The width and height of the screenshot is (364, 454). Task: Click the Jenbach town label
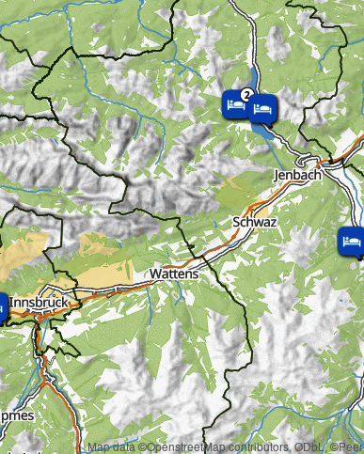point(296,175)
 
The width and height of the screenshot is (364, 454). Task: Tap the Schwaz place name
point(253,222)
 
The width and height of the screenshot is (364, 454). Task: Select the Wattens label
point(174,274)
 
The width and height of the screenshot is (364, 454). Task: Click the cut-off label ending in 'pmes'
point(15,415)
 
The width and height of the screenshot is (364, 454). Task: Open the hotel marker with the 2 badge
point(234,105)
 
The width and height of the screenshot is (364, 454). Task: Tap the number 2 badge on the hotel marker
point(245,95)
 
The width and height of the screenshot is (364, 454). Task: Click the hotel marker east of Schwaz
point(351,241)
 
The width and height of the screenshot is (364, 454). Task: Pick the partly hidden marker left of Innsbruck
point(3,306)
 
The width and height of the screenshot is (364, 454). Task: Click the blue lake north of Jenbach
point(263,132)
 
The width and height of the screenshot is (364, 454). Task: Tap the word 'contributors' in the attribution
point(253,446)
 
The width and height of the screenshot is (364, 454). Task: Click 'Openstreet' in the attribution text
point(175,446)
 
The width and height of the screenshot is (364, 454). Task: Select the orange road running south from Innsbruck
point(49,376)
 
